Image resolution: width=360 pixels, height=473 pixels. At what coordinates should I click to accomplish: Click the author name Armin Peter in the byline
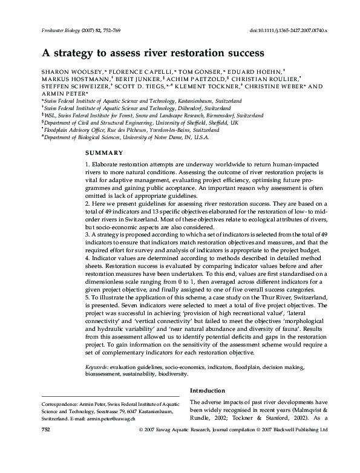[x=64, y=94]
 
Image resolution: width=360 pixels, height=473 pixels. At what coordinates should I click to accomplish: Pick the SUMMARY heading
[x=105, y=152]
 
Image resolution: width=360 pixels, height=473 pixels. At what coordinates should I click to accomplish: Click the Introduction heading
[x=209, y=390]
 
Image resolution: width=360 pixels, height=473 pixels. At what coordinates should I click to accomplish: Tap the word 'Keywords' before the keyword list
[x=97, y=367]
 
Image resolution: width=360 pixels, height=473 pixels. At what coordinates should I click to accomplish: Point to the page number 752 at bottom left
[x=45, y=445]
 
